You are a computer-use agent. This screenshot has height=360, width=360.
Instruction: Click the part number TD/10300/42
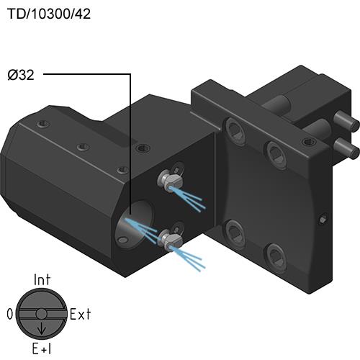click(x=49, y=14)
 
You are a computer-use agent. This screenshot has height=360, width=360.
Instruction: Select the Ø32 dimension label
click(x=21, y=75)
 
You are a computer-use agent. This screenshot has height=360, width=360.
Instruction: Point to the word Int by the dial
click(x=42, y=279)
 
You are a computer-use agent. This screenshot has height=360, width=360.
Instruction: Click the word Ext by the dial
click(x=81, y=314)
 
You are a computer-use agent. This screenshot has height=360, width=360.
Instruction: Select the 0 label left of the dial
click(x=10, y=314)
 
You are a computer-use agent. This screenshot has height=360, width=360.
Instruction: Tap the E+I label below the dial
click(x=42, y=348)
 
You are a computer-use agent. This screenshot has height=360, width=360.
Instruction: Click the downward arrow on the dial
click(x=42, y=329)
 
